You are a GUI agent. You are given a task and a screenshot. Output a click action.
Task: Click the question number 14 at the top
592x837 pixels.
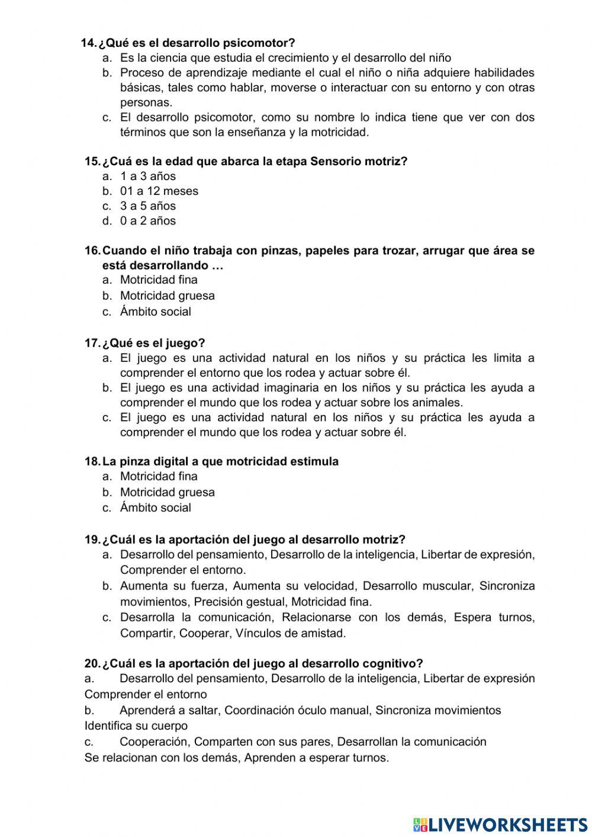tap(88, 43)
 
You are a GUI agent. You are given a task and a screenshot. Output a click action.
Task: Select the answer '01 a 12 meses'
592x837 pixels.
tap(159, 191)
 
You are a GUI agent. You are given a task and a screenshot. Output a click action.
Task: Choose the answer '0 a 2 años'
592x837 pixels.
tap(148, 220)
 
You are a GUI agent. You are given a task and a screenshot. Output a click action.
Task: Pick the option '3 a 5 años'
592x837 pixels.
tap(148, 206)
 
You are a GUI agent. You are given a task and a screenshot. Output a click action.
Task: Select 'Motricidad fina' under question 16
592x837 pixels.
tap(159, 280)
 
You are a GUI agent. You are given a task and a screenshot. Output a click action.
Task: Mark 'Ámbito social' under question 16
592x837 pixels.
tap(155, 312)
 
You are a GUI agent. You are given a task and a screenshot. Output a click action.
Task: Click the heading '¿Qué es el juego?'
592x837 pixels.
tap(153, 343)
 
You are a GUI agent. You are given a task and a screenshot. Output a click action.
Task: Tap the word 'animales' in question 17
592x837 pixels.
tap(438, 403)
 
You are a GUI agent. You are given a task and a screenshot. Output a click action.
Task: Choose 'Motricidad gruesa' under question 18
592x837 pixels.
tap(167, 492)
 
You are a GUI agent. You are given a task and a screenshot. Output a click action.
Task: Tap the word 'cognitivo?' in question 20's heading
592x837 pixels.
tap(395, 663)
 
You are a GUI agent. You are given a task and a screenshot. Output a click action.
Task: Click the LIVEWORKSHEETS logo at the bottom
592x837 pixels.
tap(500, 824)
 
